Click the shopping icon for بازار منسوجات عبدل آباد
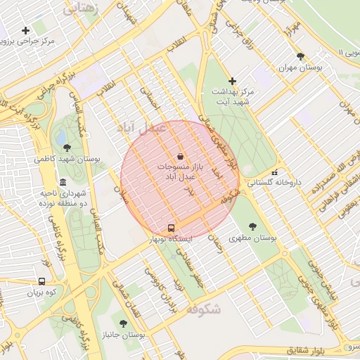180,155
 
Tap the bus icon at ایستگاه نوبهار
171,229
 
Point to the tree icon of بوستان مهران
300,56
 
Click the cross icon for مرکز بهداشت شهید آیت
233,82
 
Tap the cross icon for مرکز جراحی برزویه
26,30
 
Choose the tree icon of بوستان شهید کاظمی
67,148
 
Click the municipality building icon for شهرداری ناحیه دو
63,182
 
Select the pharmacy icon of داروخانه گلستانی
274,172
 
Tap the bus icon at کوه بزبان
42,281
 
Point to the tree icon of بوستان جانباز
123,323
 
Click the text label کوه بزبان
41,291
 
